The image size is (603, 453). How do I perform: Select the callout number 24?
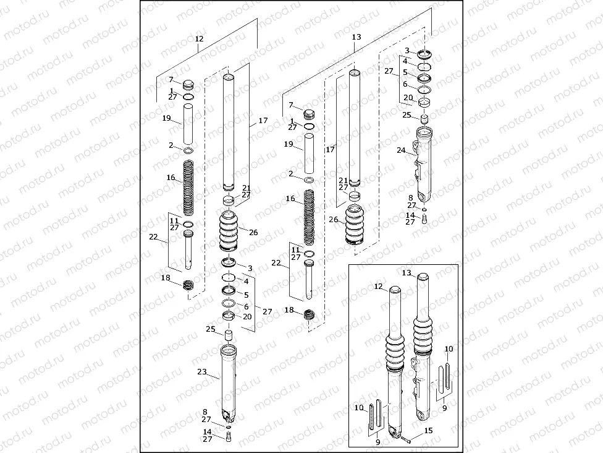[x=401, y=150]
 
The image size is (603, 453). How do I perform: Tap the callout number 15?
[x=429, y=431]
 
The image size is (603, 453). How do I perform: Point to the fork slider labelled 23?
[x=229, y=384]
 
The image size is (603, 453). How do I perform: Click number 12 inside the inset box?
[x=379, y=287]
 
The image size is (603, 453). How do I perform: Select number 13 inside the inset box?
[x=407, y=273]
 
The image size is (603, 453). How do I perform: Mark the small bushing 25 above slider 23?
[x=228, y=335]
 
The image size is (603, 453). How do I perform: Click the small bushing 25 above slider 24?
[x=424, y=118]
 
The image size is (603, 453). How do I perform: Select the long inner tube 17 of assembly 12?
[x=229, y=130]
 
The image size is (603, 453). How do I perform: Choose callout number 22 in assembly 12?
[x=153, y=237]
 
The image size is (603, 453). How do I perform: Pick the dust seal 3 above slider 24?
[x=424, y=53]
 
